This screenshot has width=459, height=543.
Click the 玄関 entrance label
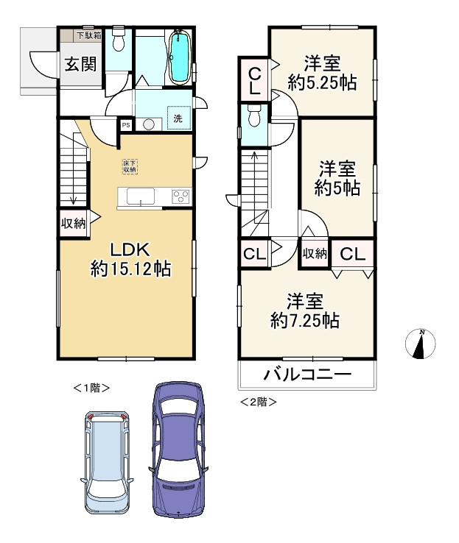[x=80, y=64]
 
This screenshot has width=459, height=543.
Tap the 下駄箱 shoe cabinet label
[x=88, y=35]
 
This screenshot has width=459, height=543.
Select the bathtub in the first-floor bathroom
[x=180, y=58]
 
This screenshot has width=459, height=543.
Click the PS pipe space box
[x=126, y=124]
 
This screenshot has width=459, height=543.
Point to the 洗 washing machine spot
[x=178, y=118]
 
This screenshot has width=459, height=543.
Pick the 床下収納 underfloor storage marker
[x=130, y=166]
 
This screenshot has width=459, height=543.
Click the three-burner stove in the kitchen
[x=181, y=196]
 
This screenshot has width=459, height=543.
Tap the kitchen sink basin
[x=141, y=196]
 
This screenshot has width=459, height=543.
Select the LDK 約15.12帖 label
[x=130, y=259]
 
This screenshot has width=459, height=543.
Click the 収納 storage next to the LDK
[x=73, y=224]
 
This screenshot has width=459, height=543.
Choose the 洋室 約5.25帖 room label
[x=322, y=73]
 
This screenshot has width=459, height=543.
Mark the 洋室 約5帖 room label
[x=337, y=178]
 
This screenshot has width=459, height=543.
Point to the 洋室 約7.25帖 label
[x=305, y=311]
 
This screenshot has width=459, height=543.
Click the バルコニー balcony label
[x=307, y=375]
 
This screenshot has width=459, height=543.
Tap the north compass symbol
[x=420, y=344]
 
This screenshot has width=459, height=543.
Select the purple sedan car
[x=178, y=450]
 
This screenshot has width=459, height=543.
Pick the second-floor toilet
[x=254, y=116]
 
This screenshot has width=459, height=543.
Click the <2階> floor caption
[x=259, y=402]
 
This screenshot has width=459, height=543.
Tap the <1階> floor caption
[x=91, y=388]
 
